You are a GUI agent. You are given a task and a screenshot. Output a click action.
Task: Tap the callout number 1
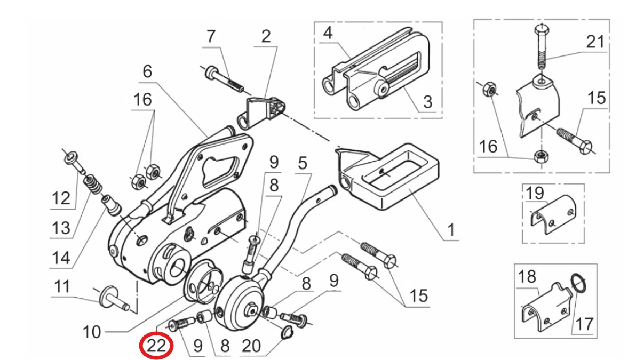[x=450, y=231]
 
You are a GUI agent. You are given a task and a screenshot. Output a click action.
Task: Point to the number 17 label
[x=586, y=324]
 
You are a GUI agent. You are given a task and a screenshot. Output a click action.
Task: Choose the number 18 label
[x=527, y=277]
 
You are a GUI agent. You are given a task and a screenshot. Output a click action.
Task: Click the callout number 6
[x=147, y=71]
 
